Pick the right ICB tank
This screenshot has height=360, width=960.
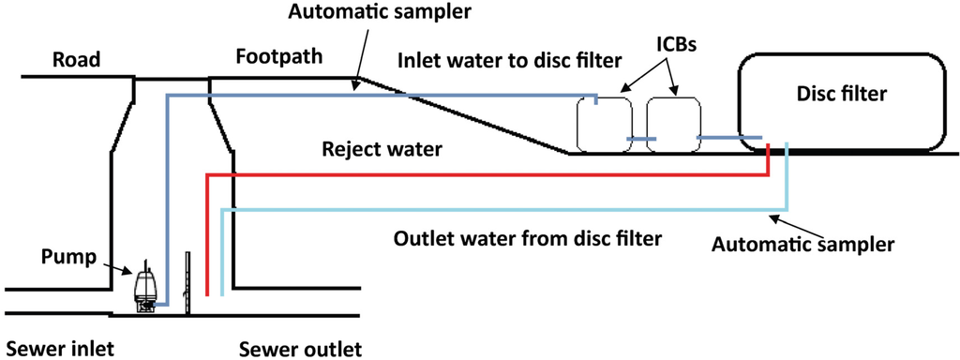coord(674,122)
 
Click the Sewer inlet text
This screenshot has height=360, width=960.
coord(58,348)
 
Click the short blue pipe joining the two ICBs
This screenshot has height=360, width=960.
coord(641,139)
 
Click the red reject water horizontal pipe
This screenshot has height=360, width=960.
coord(487,174)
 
